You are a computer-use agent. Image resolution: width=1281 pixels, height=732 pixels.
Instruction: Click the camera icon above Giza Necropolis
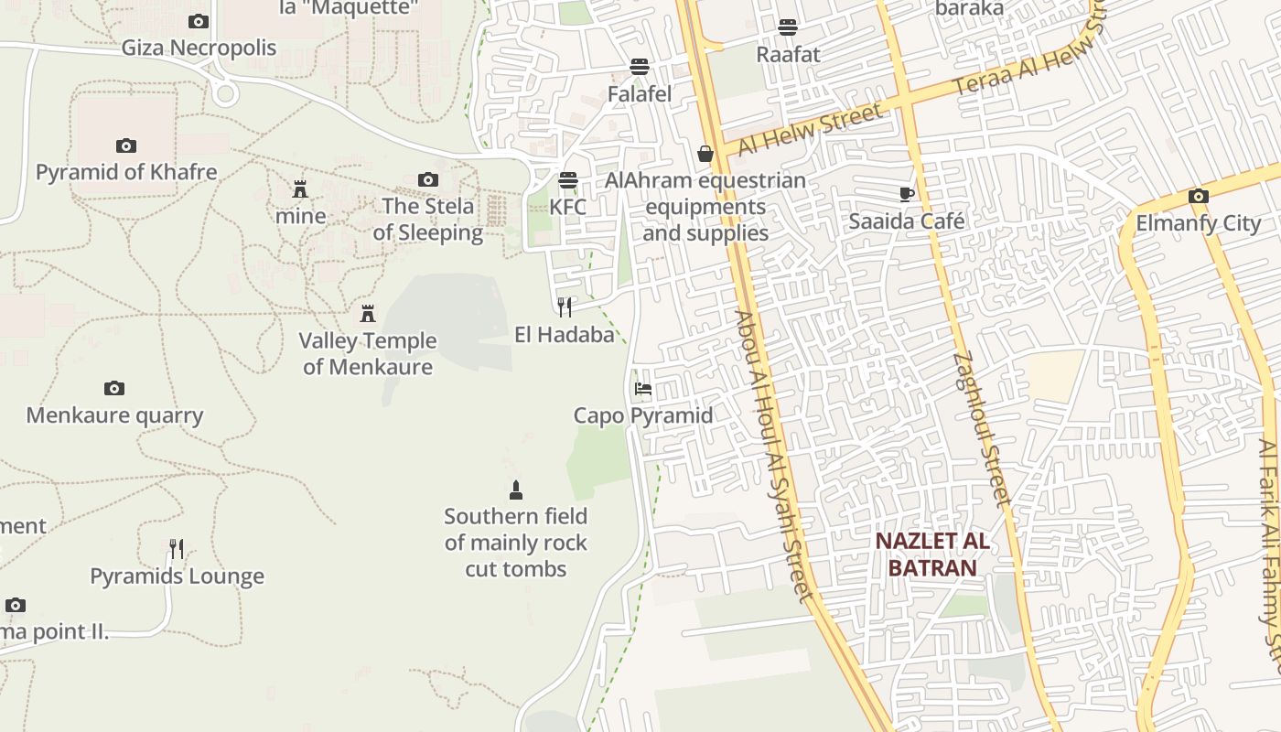tap(199, 21)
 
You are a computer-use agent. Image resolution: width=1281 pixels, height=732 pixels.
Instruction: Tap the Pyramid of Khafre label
tap(126, 172)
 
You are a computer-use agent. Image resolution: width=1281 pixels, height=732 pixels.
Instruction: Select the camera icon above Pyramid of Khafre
tap(126, 145)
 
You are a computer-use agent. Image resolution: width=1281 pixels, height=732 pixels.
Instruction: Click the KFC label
tap(567, 207)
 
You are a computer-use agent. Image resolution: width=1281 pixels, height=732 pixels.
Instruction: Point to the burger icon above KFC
tap(568, 180)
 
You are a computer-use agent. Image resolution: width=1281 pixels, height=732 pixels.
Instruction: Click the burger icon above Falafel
tap(640, 67)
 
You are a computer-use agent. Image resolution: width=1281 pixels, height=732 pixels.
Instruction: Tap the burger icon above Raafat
tap(788, 27)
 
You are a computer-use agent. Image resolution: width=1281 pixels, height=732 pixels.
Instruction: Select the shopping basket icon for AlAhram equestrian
tap(705, 154)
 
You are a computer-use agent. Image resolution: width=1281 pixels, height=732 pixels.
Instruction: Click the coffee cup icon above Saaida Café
tap(906, 194)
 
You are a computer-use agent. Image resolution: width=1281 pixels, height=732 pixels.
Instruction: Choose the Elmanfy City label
tap(1198, 223)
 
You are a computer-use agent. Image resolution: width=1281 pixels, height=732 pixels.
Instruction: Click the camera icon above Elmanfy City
tap(1198, 196)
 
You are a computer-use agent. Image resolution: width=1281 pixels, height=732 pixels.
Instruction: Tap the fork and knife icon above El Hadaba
tap(565, 307)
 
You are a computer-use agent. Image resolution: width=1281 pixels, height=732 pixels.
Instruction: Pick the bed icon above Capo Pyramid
tap(643, 389)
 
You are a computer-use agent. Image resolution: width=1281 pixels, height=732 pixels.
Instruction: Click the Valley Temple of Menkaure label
tap(368, 354)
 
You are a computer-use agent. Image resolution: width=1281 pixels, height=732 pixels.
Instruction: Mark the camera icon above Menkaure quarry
tap(114, 388)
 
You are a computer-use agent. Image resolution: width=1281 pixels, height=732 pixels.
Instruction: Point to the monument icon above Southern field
tap(516, 490)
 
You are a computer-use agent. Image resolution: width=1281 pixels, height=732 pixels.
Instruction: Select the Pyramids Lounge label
tap(177, 576)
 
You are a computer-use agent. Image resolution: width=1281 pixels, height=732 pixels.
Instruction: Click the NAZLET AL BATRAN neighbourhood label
tap(932, 554)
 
